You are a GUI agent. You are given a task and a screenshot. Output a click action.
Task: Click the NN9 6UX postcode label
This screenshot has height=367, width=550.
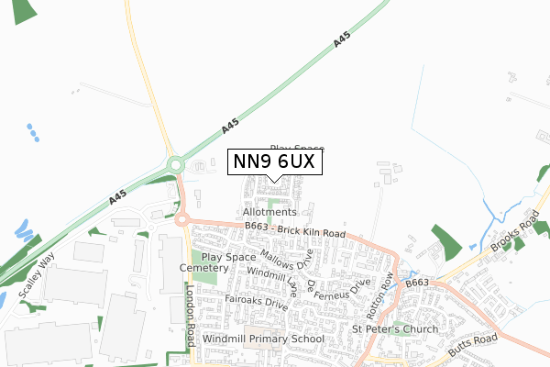[274, 162]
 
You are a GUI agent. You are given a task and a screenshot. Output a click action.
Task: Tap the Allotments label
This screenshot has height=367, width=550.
[269, 212]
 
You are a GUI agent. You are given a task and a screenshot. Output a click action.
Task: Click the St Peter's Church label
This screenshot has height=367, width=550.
[396, 328]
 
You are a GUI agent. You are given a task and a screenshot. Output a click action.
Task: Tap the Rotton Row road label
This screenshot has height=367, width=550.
[380, 291]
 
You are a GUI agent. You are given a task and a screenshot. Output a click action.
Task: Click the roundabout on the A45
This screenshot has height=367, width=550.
[175, 165]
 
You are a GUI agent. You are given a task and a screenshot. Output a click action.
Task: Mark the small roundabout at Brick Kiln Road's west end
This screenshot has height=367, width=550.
[181, 219]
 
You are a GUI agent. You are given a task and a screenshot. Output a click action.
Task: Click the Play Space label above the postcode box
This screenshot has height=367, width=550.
[297, 148]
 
